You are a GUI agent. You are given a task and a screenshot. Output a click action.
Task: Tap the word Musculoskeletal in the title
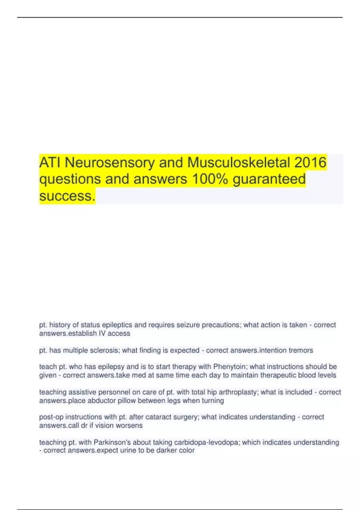[239, 163]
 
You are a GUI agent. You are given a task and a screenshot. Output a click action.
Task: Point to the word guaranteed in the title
[269, 179]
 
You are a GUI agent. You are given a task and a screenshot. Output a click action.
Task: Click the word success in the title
[67, 196]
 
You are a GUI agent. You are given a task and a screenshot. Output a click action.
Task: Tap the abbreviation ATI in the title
[50, 163]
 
